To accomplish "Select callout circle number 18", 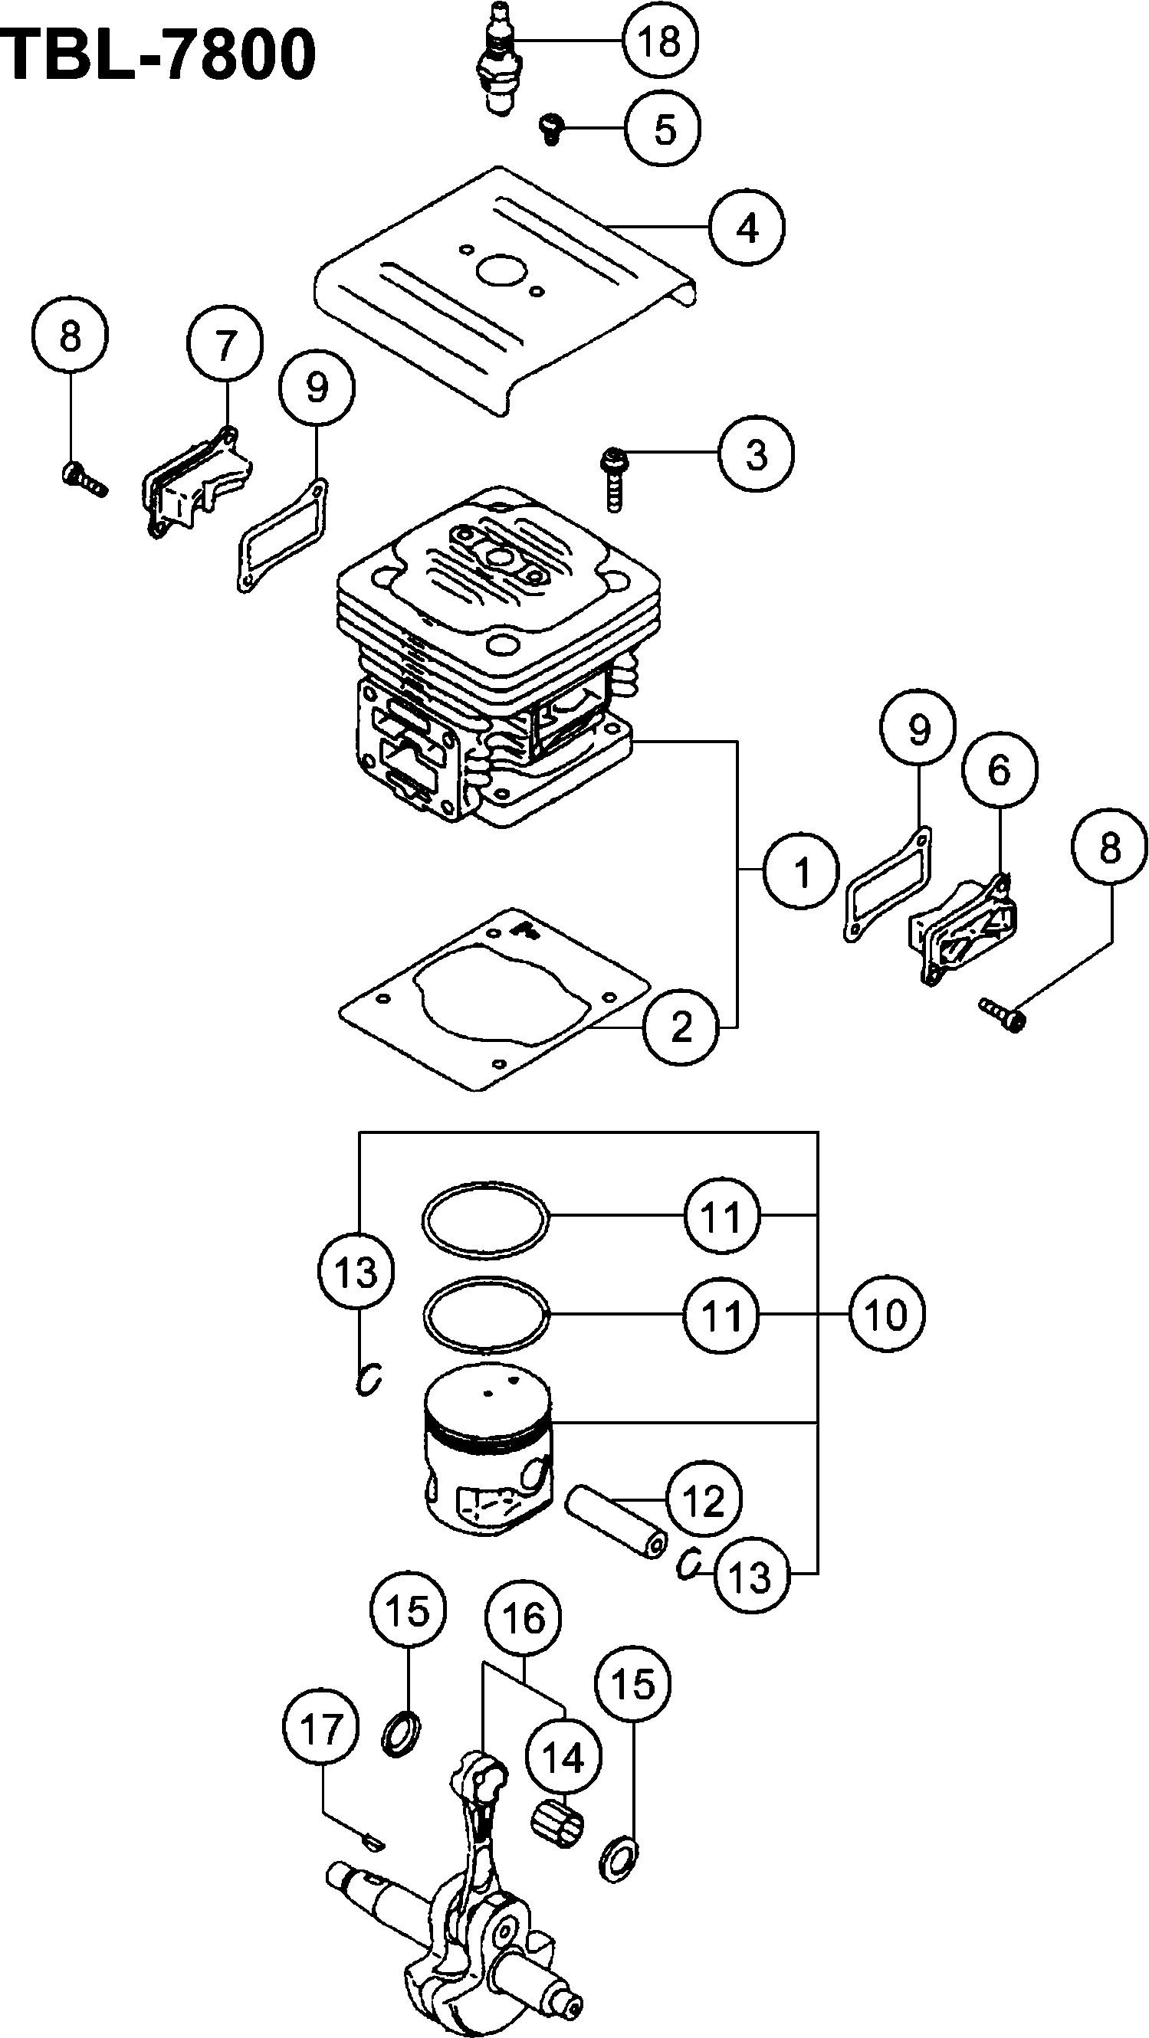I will (x=660, y=41).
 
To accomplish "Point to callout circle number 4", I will (x=747, y=228).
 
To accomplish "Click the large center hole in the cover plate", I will (x=504, y=272).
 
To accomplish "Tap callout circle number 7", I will (x=225, y=346).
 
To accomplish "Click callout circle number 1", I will (x=801, y=871).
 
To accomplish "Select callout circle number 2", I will (x=681, y=1027).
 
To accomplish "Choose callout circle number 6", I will (x=999, y=770).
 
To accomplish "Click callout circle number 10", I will (x=886, y=1315).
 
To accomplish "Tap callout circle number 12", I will (x=704, y=1500).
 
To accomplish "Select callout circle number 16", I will (x=523, y=1618).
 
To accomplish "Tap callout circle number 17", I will (x=320, y=1729).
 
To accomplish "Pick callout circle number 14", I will (x=563, y=1758).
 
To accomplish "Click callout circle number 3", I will (x=757, y=455).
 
